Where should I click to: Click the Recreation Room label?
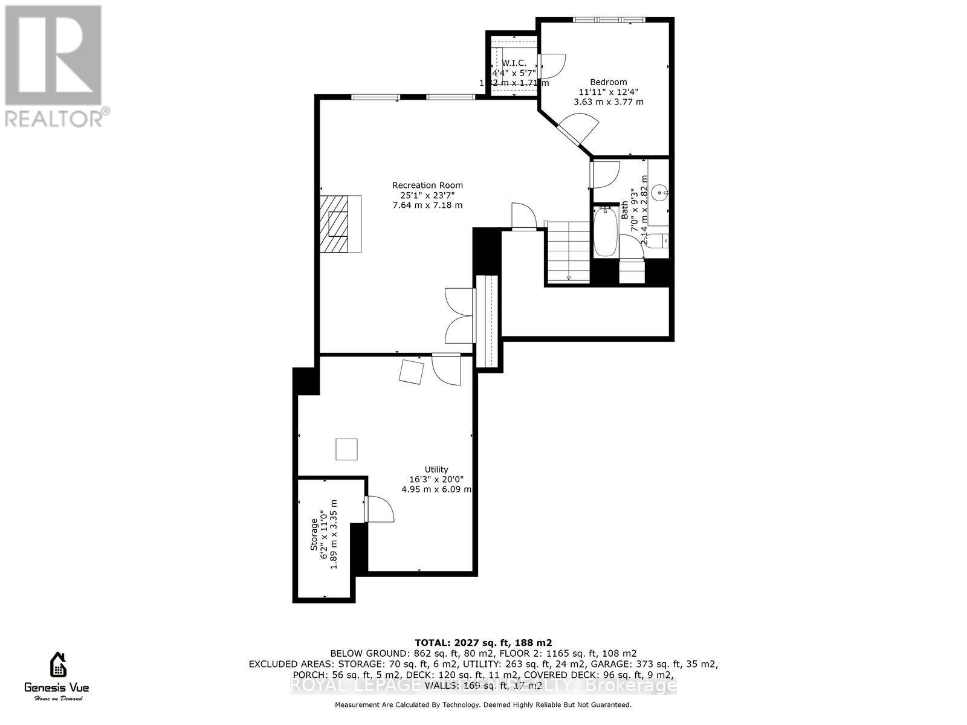pos(427,185)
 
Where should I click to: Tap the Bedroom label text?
pos(608,82)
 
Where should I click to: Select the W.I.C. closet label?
pos(514,63)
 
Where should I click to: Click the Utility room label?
pos(436,469)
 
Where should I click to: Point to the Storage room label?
pos(314,535)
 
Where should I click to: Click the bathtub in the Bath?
pos(605,232)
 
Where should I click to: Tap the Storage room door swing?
pos(380,509)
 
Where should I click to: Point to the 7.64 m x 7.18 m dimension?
pos(427,205)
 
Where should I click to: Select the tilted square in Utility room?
pos(412,371)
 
